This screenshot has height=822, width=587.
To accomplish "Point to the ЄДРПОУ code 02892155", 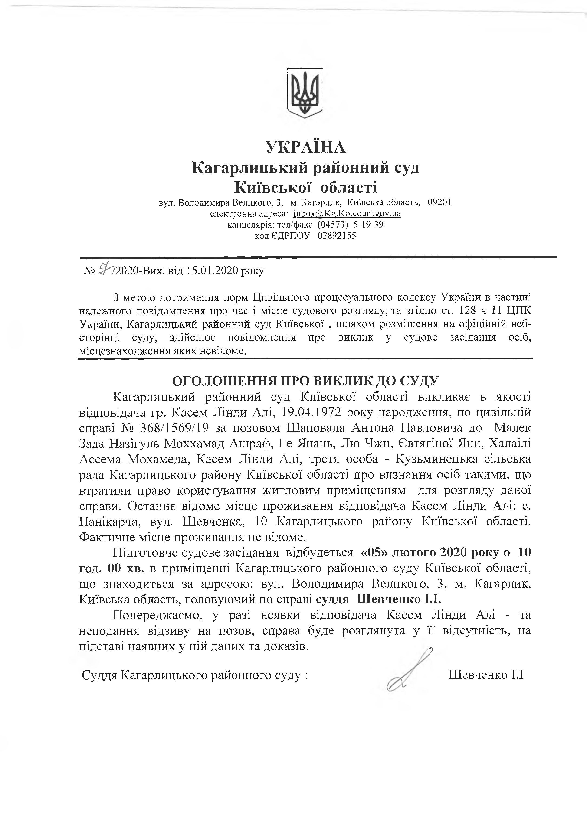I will tap(337, 236).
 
